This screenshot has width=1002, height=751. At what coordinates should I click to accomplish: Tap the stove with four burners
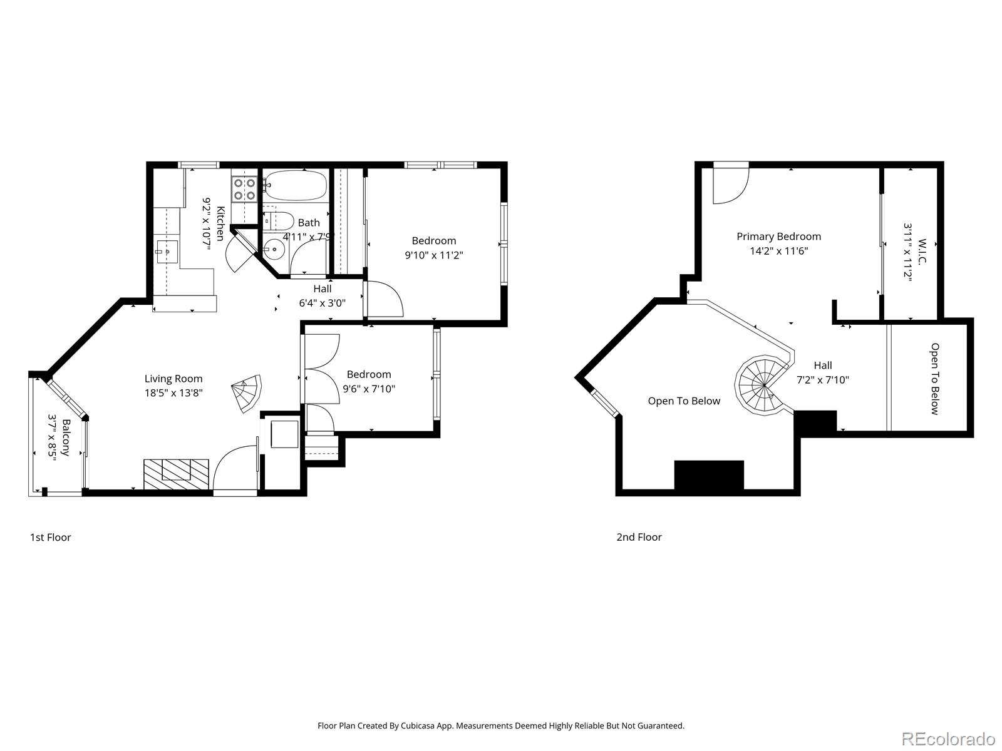click(x=244, y=189)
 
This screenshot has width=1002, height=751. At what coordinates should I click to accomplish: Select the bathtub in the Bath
click(x=295, y=185)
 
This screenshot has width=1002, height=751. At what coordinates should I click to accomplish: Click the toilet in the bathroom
click(x=279, y=221)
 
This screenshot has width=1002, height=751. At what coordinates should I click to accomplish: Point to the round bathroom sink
click(x=274, y=249)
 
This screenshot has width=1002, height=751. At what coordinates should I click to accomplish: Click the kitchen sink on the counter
click(x=167, y=252)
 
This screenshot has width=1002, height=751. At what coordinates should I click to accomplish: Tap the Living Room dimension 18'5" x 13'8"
click(x=173, y=393)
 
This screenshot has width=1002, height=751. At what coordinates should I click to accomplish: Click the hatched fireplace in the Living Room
click(x=176, y=474)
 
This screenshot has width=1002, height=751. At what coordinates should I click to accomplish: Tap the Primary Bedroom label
click(x=778, y=237)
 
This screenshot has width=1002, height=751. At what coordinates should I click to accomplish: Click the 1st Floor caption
click(x=51, y=537)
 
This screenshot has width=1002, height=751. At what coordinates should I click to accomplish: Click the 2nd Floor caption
click(x=639, y=537)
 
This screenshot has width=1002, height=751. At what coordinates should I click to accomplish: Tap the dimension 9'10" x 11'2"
click(x=434, y=255)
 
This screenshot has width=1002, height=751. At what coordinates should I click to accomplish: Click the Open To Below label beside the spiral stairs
click(x=684, y=401)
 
